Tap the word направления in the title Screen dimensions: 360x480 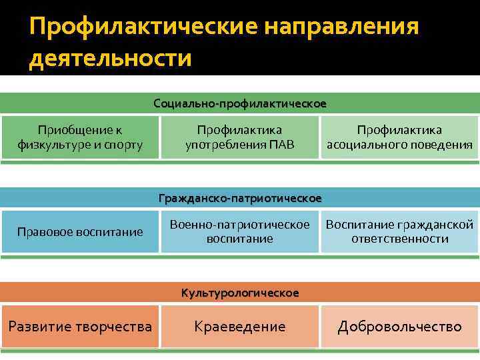(x=341, y=27)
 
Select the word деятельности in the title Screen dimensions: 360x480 (x=110, y=59)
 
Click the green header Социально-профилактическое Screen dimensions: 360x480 (x=240, y=103)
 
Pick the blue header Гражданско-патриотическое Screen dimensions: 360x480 (x=240, y=198)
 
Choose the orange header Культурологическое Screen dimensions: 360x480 (x=240, y=293)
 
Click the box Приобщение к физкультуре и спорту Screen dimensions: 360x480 (x=80, y=137)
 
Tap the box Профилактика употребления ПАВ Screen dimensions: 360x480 (x=240, y=137)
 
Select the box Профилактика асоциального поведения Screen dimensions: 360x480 (x=399, y=137)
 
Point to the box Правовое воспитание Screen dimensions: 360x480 (x=80, y=232)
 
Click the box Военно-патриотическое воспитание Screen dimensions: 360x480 (x=240, y=231)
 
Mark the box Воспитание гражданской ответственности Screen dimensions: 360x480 (x=399, y=231)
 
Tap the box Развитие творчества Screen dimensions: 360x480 (x=80, y=327)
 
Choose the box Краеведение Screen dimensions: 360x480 (x=240, y=327)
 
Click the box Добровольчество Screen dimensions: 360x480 (x=399, y=327)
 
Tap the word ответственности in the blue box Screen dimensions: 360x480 (x=399, y=239)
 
